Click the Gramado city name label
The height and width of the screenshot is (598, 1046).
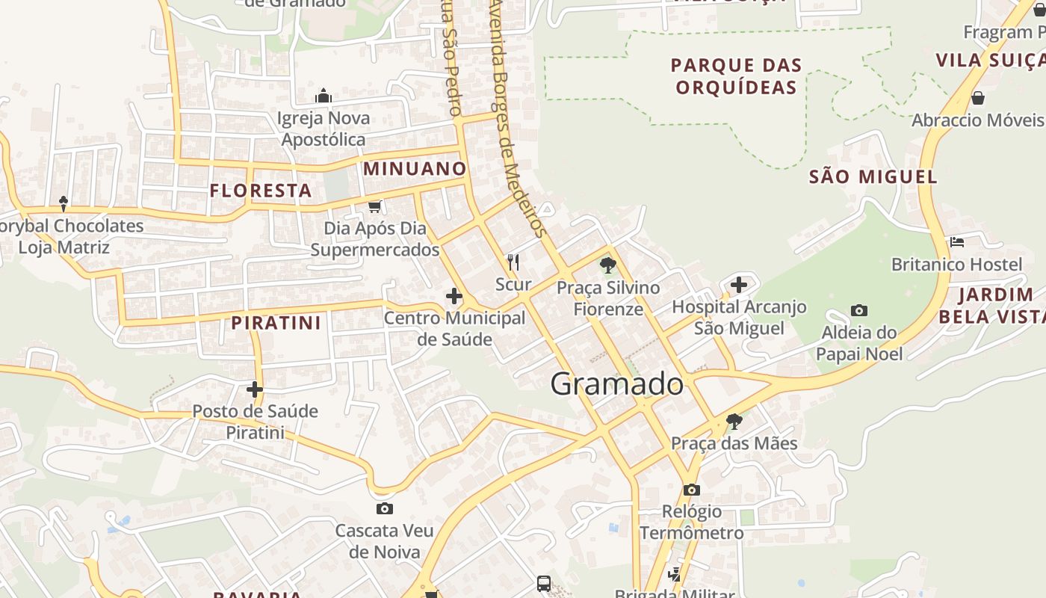point(616,384)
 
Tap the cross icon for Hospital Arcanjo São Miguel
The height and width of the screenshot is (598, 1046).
point(739,285)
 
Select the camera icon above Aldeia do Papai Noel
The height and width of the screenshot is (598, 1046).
point(859,310)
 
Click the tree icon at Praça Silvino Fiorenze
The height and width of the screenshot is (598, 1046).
point(607,265)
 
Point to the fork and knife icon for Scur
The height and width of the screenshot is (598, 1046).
point(513,262)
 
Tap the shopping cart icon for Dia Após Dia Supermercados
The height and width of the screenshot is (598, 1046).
point(374,206)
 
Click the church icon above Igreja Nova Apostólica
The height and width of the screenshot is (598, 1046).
point(324,96)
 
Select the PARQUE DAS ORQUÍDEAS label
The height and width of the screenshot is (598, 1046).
point(736,76)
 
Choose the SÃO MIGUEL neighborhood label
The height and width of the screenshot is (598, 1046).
point(873,176)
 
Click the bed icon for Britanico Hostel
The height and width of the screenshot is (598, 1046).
point(956,241)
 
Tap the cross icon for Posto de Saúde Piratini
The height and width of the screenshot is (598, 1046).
point(255,389)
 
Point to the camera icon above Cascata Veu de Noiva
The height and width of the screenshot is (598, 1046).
point(384,509)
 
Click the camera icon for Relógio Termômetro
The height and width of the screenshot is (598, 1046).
point(692,490)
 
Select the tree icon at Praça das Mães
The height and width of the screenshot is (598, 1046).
point(734,421)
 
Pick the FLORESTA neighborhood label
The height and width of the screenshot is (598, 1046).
point(261,191)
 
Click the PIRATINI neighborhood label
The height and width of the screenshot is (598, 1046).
point(276,323)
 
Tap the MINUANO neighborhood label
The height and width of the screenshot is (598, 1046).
point(415,169)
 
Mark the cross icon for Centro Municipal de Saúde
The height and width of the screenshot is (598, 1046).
point(454,297)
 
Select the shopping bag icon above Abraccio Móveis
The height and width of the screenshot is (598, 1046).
point(977,98)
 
